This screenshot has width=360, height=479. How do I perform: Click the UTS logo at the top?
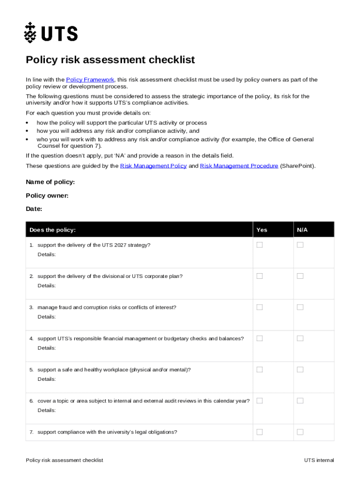point(51,33)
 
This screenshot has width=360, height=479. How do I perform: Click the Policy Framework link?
point(90,80)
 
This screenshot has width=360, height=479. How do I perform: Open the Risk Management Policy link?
point(153,166)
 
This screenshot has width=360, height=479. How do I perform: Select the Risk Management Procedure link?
point(239,166)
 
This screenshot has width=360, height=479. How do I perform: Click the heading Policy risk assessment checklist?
point(110,60)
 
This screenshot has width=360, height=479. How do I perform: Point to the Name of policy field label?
point(50,182)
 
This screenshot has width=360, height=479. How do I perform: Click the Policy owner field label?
point(47,196)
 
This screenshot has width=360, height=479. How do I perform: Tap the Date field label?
point(34,209)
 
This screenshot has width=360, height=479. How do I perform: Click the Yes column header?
point(262,230)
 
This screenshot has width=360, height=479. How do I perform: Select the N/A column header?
point(302,230)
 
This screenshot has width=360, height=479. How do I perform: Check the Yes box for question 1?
point(259,245)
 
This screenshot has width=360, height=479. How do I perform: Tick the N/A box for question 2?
point(300,276)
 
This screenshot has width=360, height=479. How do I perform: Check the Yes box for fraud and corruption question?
point(259,307)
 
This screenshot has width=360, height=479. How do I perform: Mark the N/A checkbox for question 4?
point(300,338)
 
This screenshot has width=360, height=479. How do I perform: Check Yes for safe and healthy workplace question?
point(259,370)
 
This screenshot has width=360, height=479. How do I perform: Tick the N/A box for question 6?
point(300,401)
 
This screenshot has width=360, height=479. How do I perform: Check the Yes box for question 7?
point(259,432)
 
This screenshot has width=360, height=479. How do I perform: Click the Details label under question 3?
point(46,317)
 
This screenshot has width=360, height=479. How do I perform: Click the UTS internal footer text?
point(319,460)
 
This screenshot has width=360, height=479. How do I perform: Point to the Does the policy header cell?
point(52,230)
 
